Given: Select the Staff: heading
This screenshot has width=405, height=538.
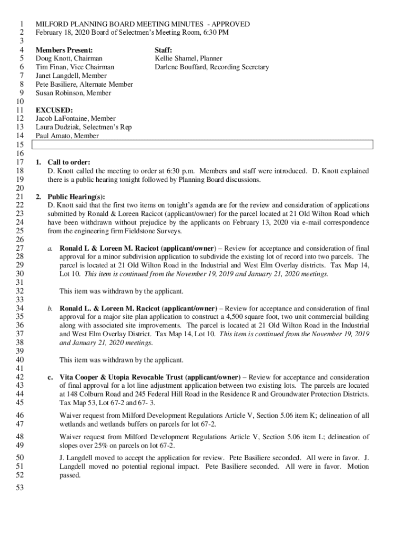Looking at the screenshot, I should (x=164, y=50).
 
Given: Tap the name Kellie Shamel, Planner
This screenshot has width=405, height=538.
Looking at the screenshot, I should (x=188, y=58).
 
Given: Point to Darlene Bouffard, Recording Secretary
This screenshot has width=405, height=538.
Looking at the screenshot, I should (x=211, y=67).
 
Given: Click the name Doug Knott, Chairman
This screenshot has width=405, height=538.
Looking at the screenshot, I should (x=69, y=58).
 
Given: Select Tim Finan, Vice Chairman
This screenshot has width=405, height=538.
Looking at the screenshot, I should (x=74, y=67).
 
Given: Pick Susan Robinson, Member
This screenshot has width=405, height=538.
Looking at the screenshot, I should (x=73, y=93).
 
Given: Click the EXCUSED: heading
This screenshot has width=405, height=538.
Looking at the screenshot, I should (x=54, y=110).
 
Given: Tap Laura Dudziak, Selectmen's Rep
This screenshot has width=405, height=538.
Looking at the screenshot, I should (x=83, y=127).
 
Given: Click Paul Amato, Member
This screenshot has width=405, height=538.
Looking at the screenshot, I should (x=67, y=136).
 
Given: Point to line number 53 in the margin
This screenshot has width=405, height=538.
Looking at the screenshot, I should (x=21, y=488).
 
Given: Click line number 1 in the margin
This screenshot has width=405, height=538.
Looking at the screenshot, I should (x=22, y=24).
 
